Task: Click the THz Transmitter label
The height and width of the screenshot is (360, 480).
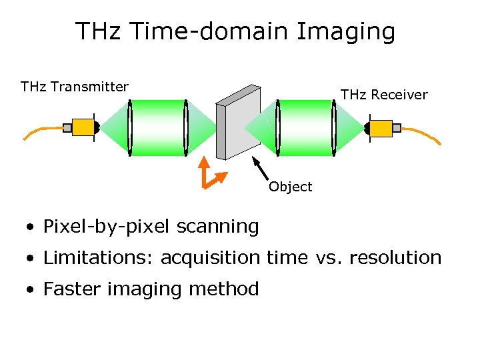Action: tap(75, 87)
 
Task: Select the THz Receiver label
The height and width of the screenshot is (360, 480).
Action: tap(384, 95)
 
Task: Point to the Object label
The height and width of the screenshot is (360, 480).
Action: tap(290, 187)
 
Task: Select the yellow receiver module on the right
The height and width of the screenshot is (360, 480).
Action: tap(380, 127)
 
